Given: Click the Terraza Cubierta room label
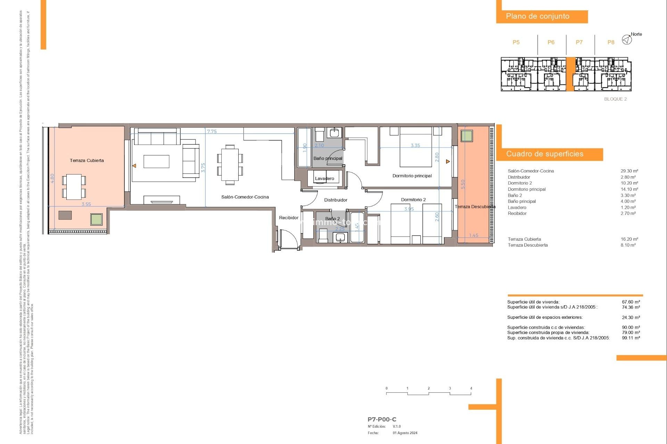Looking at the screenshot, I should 87,160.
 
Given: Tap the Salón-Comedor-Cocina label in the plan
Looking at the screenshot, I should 245,197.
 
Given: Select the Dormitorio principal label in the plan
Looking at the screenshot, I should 412,176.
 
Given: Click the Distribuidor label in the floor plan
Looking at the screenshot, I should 336,200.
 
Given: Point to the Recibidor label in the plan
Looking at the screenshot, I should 289,217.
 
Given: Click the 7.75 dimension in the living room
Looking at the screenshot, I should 212,131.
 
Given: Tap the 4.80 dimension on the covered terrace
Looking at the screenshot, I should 52,179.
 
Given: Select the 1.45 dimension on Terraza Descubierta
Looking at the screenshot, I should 474,235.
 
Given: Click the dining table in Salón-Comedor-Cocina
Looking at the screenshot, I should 230,165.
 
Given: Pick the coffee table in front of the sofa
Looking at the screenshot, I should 156,162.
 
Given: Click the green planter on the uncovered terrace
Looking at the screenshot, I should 467,136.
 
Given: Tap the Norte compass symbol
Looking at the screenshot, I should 627,40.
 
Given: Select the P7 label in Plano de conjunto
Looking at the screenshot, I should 579,42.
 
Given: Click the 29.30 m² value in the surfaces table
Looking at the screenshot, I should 629,171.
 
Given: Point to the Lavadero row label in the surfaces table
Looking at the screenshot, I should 517,207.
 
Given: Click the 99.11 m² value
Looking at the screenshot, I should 631,338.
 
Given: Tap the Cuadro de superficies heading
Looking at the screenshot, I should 544,154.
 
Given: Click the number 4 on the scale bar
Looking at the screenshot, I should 471,388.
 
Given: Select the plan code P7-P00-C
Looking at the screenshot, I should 382,419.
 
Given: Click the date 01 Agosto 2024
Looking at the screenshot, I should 405,433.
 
